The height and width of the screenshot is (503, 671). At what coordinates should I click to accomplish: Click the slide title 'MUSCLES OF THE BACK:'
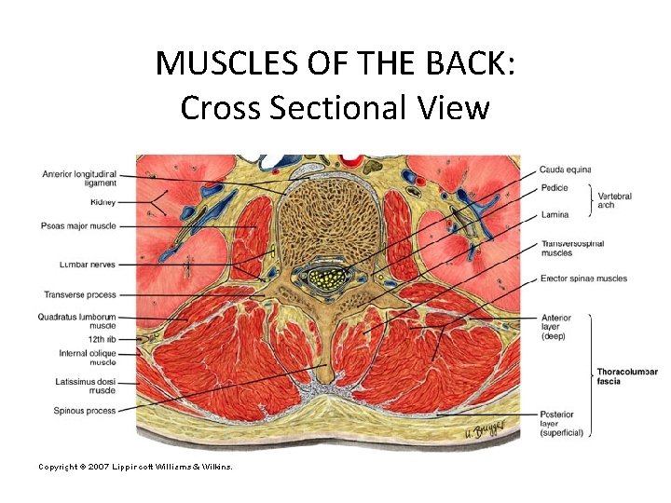click(x=335, y=63)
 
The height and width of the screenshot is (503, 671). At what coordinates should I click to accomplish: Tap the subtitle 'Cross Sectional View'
click(x=335, y=108)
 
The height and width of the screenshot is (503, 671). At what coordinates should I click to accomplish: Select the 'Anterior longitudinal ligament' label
click(x=79, y=178)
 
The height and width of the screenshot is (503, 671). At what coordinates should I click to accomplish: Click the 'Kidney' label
click(x=103, y=202)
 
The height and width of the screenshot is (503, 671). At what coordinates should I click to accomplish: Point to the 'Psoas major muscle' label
click(x=79, y=226)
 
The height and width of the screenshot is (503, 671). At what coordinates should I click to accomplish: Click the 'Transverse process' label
click(x=80, y=294)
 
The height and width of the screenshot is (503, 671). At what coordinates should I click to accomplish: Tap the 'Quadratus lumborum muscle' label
click(x=79, y=321)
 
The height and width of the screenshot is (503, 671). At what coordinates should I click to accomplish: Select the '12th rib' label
click(x=103, y=340)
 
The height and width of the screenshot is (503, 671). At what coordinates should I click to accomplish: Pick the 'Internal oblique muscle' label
click(x=87, y=358)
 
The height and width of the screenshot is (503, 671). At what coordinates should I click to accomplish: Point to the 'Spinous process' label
click(x=87, y=410)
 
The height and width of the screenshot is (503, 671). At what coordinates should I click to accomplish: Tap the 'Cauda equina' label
click(x=565, y=170)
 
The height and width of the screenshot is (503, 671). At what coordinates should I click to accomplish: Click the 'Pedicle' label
click(x=555, y=186)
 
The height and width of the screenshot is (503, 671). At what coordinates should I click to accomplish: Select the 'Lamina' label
click(x=555, y=215)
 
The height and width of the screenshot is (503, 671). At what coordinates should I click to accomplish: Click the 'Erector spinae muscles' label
click(x=583, y=279)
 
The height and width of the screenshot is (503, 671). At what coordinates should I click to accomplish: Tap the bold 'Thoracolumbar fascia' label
click(x=626, y=376)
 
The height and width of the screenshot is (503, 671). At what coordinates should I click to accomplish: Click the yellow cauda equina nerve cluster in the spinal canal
click(x=325, y=277)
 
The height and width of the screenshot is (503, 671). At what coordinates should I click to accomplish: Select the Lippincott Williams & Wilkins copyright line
click(x=134, y=466)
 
